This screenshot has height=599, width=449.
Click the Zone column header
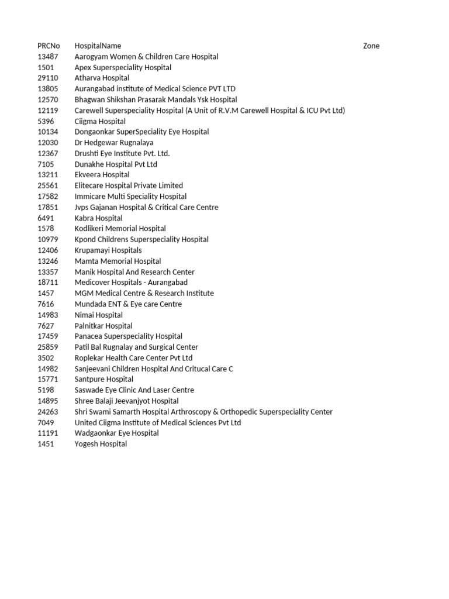pos(371,46)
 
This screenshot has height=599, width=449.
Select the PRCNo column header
pos(49,46)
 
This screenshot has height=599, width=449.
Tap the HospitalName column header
pos(98,46)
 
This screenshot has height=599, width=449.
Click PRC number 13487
pos(48,57)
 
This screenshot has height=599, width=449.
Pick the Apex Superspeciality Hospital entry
pos(123,68)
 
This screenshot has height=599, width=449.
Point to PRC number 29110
pos(48,78)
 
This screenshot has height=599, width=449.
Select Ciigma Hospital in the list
pos(100,122)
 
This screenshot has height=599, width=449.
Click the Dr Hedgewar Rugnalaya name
pos(114,143)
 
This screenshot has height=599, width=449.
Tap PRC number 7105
pos(46,164)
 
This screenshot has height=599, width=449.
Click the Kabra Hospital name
pos(98,218)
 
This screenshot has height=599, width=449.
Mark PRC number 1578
pos(46,229)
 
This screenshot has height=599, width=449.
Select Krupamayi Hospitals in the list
pos(108,250)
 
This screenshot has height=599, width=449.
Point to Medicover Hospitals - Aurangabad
pos(131,283)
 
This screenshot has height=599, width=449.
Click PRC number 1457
pos(46,294)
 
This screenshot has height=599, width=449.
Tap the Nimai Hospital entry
pos(98,315)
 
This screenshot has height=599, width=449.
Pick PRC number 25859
pos(48,347)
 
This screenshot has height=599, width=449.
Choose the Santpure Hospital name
pos(103,380)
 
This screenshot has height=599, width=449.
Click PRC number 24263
pos(48,412)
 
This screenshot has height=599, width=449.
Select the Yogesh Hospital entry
pos(101,444)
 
